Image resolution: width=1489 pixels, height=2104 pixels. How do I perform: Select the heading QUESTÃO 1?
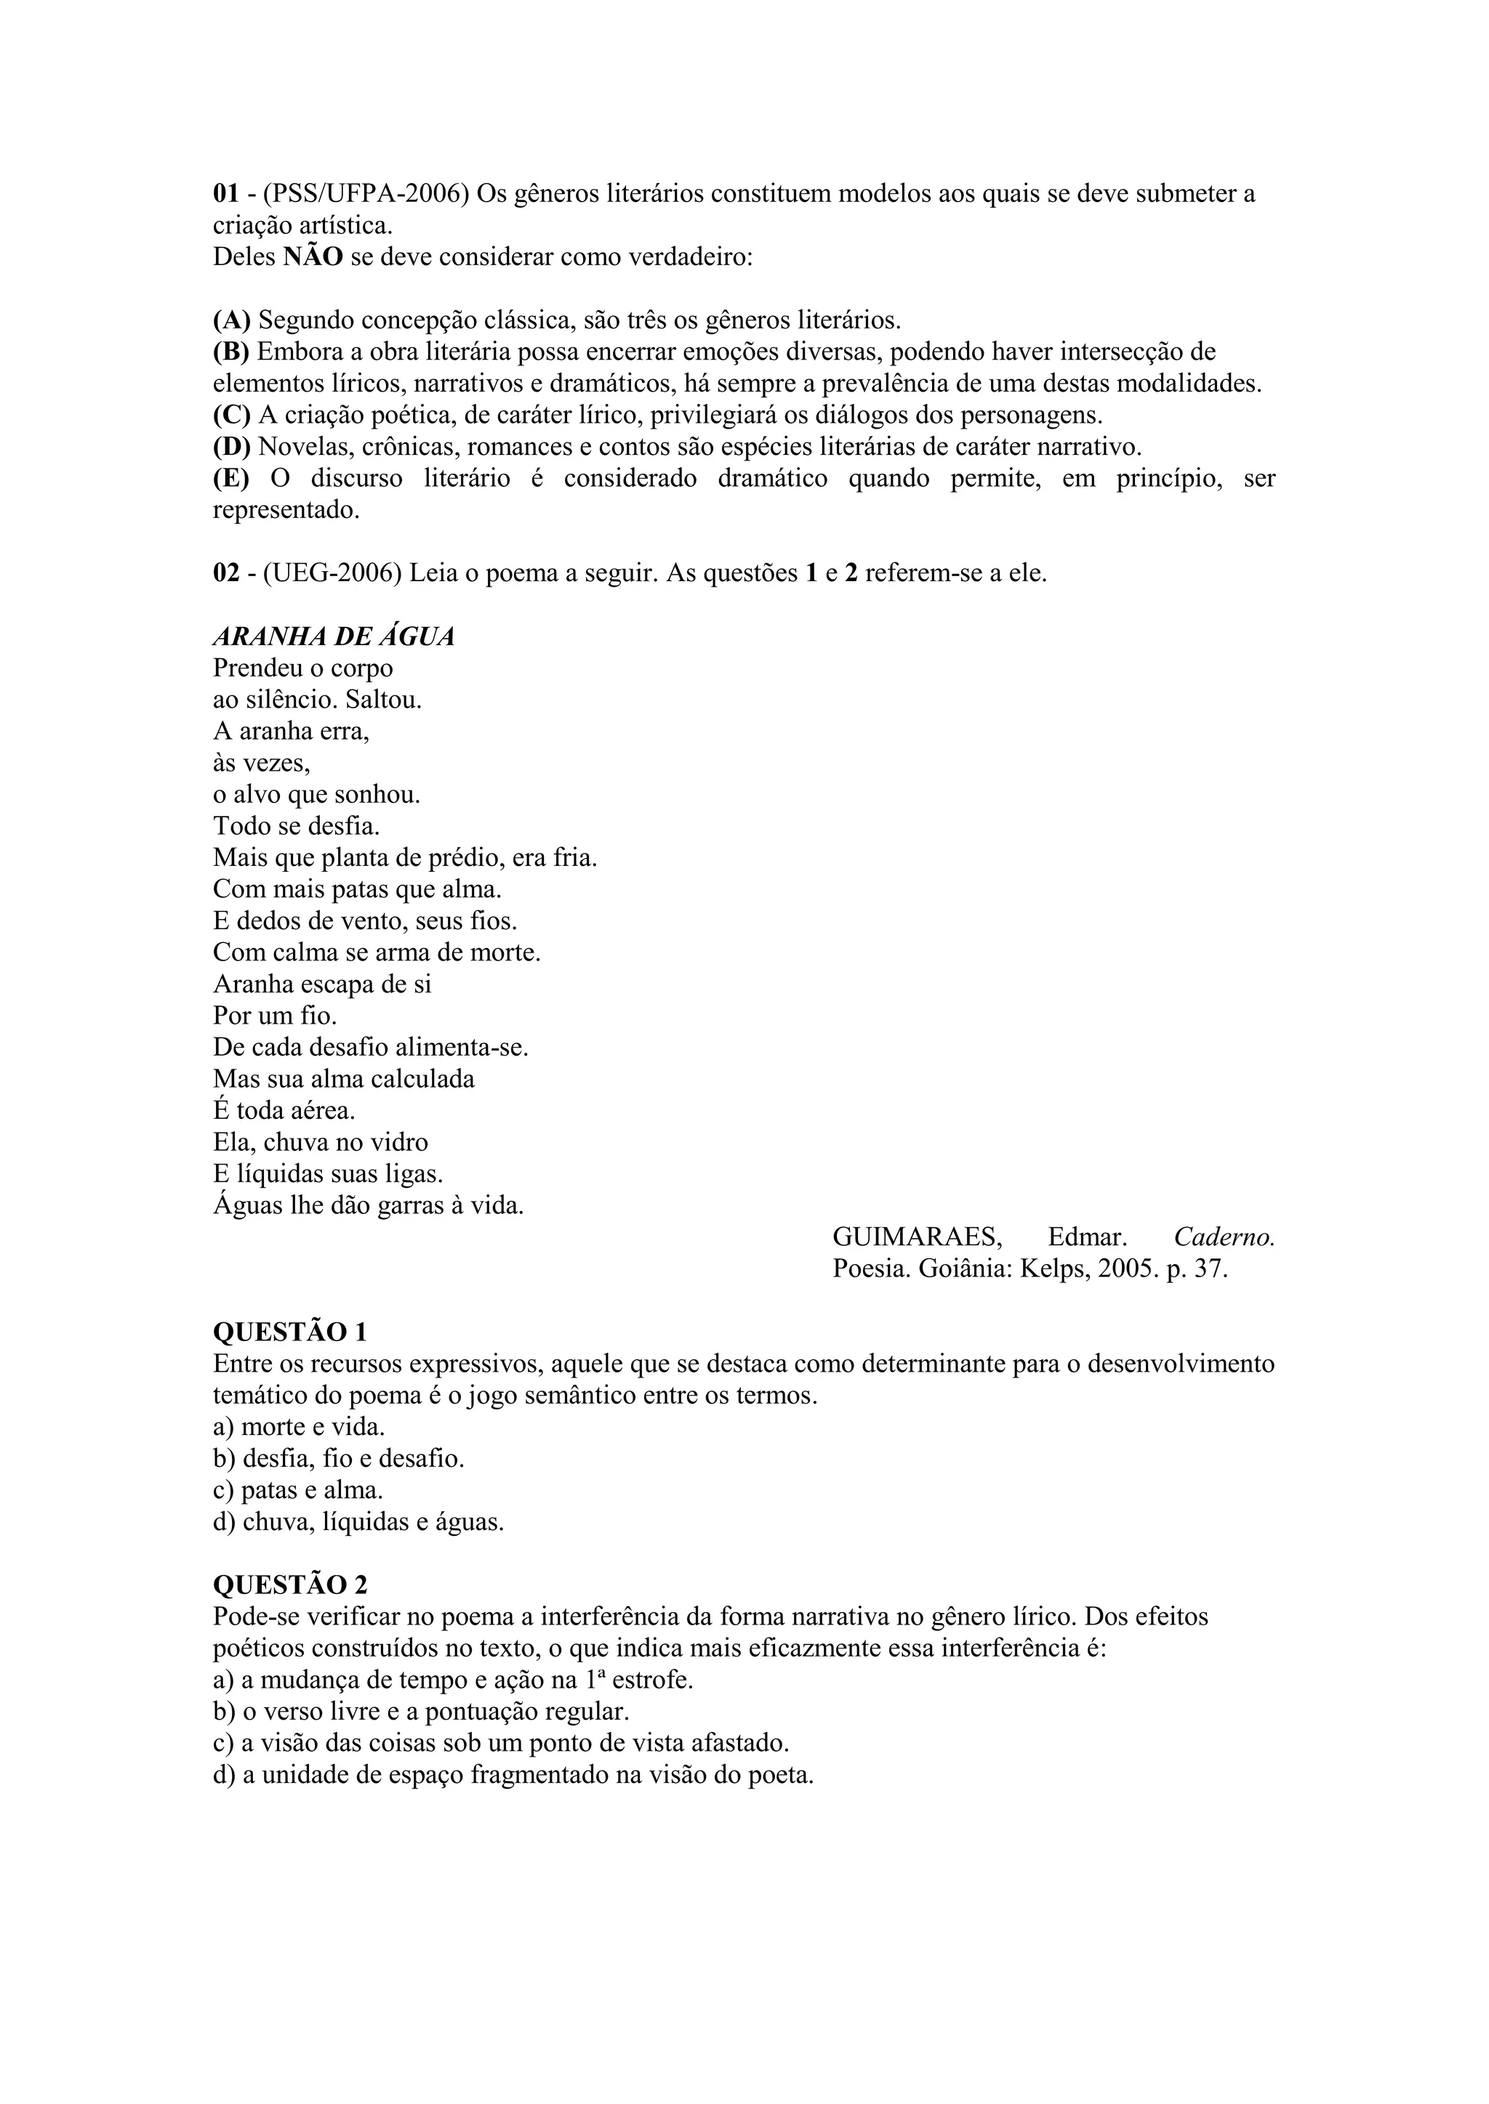(290, 1332)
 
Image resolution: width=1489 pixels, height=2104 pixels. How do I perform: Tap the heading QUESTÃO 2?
(290, 1585)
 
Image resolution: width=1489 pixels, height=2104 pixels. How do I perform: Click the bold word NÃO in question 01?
(313, 256)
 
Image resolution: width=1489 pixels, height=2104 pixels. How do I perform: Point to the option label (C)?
(232, 415)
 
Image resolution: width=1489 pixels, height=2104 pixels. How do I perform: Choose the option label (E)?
(231, 478)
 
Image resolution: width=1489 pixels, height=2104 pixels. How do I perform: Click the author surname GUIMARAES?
(917, 1237)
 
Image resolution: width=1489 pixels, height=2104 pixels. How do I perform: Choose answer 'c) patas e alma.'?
(298, 1490)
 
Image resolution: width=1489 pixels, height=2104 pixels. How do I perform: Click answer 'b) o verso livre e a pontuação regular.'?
(421, 1711)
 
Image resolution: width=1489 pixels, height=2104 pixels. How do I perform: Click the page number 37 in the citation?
(1211, 1269)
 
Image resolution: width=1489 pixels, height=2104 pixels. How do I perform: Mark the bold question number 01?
(226, 193)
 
